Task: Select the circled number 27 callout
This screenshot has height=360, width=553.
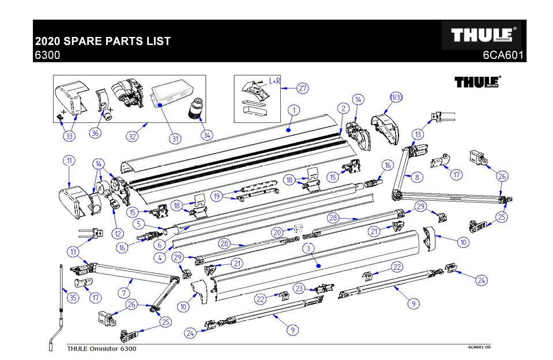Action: (x=303, y=88)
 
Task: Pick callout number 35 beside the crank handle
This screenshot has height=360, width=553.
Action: (x=73, y=298)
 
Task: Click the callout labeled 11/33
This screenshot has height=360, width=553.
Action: (x=396, y=96)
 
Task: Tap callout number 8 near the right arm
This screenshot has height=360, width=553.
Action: (x=417, y=177)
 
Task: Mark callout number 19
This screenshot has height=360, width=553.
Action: (x=217, y=196)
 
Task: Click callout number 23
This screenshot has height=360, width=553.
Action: (x=299, y=288)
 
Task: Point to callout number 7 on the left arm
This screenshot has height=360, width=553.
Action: (x=123, y=293)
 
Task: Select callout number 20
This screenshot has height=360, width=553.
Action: (x=277, y=232)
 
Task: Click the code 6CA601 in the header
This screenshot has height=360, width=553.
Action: (x=503, y=56)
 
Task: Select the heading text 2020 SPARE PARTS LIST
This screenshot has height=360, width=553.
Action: (x=103, y=42)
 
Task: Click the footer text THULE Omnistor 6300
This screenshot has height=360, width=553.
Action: (x=103, y=348)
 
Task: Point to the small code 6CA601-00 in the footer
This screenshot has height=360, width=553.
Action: (x=479, y=347)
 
